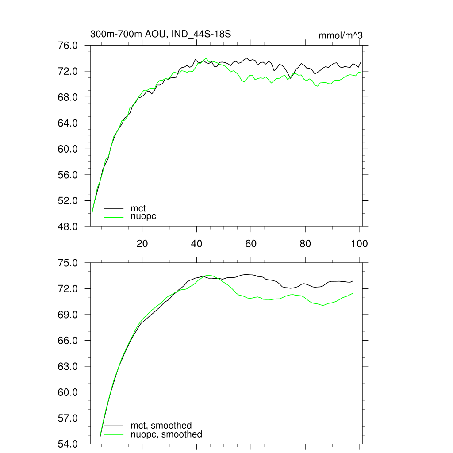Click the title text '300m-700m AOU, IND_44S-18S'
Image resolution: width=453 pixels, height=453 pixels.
[161, 34]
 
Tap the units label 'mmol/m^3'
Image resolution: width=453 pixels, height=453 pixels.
[341, 35]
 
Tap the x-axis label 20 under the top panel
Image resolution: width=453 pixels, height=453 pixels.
[142, 243]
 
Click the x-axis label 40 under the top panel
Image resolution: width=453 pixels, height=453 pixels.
[196, 243]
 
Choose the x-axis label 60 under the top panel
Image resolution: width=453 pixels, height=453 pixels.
[251, 243]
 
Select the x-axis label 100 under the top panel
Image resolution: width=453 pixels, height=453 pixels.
[359, 243]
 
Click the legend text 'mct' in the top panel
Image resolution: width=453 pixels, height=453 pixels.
[138, 208]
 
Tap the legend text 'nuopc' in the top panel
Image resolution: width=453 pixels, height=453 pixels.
[143, 216]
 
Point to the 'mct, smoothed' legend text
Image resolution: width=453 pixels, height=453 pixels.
[161, 426]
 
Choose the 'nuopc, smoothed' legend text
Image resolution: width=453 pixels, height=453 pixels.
[166, 434]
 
